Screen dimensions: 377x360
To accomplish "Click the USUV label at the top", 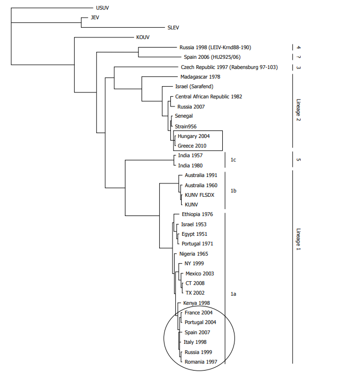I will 101,8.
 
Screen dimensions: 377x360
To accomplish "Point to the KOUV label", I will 143,37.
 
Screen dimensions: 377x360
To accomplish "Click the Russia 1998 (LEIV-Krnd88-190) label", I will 215,48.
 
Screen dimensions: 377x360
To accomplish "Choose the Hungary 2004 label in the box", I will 193,136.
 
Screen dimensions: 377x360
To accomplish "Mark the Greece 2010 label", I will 192,145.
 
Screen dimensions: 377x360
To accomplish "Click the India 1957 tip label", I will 190,156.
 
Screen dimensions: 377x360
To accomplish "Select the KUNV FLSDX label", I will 199,195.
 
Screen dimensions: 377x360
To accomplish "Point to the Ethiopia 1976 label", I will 197,214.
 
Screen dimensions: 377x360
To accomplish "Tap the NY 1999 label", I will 194,263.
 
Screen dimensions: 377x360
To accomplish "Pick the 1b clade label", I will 233,190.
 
